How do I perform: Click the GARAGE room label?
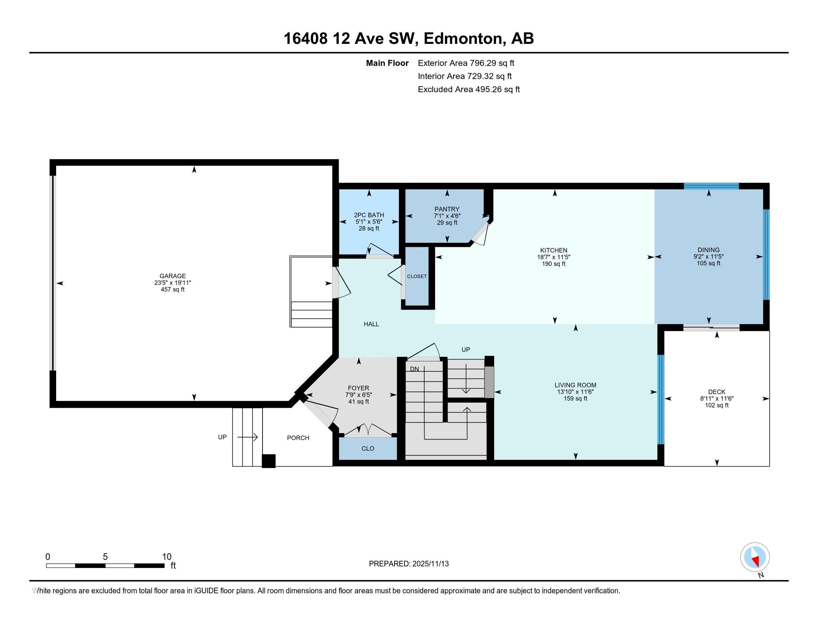(x=172, y=276)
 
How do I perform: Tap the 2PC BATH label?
(x=369, y=215)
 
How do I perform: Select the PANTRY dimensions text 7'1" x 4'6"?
(x=447, y=216)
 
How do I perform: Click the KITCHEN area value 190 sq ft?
(x=554, y=264)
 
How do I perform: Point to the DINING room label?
(x=708, y=250)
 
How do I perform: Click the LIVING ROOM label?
(x=575, y=385)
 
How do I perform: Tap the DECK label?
(x=716, y=392)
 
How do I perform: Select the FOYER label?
(x=358, y=388)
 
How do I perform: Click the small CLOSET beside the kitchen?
(x=417, y=276)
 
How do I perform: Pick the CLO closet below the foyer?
(x=368, y=449)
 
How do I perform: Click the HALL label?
(x=371, y=324)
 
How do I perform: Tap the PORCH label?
(x=298, y=438)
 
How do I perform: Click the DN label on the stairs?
(x=414, y=369)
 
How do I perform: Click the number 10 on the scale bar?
(x=167, y=557)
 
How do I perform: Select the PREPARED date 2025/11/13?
(x=430, y=564)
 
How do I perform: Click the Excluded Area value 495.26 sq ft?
(x=497, y=90)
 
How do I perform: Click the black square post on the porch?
(x=268, y=461)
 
